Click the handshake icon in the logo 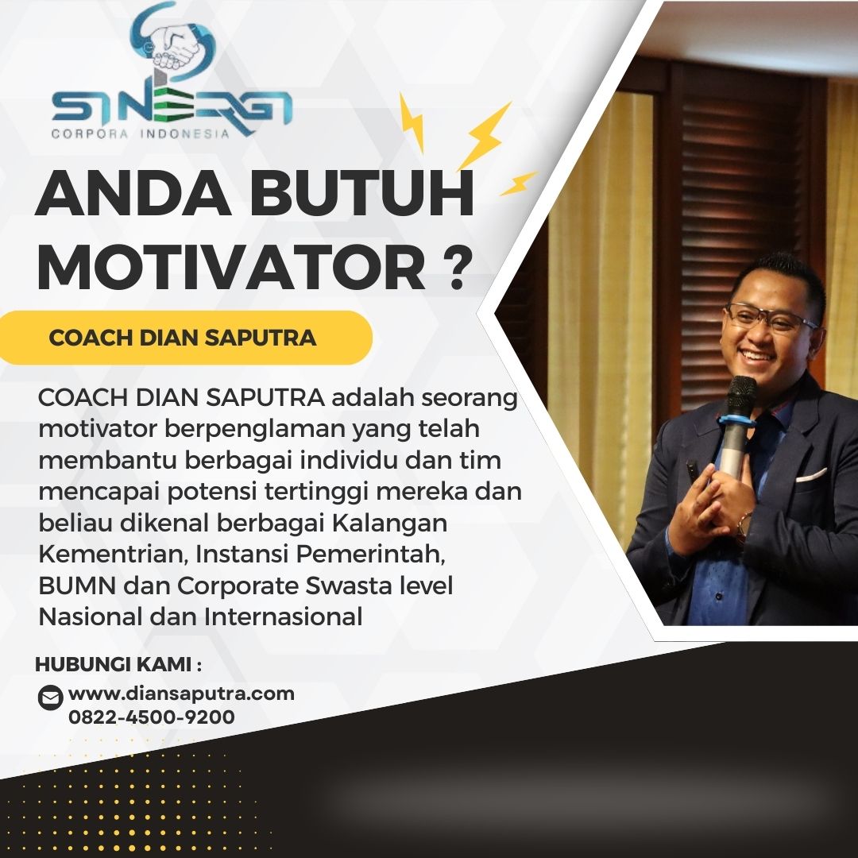[175, 47]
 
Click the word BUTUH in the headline [361, 193]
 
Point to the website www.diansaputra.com [182, 694]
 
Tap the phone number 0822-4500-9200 [152, 717]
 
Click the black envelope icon [50, 698]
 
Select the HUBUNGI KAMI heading [118, 665]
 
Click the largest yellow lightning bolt [484, 135]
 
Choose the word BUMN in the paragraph [77, 586]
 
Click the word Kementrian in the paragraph [114, 555]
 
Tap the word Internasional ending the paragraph [284, 617]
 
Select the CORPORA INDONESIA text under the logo [140, 133]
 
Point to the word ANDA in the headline [133, 193]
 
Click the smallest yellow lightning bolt [518, 184]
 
